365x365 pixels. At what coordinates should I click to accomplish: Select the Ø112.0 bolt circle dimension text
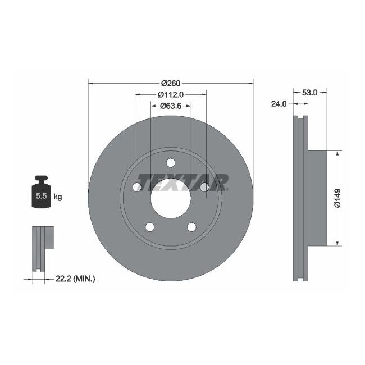171,94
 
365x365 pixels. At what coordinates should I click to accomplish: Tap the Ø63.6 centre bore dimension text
171,105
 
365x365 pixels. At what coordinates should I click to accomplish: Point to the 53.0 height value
310,93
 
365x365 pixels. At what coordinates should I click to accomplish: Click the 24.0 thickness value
279,104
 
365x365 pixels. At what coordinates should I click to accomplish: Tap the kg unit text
58,197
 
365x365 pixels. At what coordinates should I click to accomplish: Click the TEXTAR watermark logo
182,181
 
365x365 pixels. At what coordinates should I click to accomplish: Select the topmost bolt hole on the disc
171,163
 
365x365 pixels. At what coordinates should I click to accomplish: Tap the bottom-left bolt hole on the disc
150,227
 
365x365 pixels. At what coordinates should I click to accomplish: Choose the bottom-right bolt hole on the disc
191,227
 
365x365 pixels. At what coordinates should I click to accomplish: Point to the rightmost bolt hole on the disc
205,188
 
